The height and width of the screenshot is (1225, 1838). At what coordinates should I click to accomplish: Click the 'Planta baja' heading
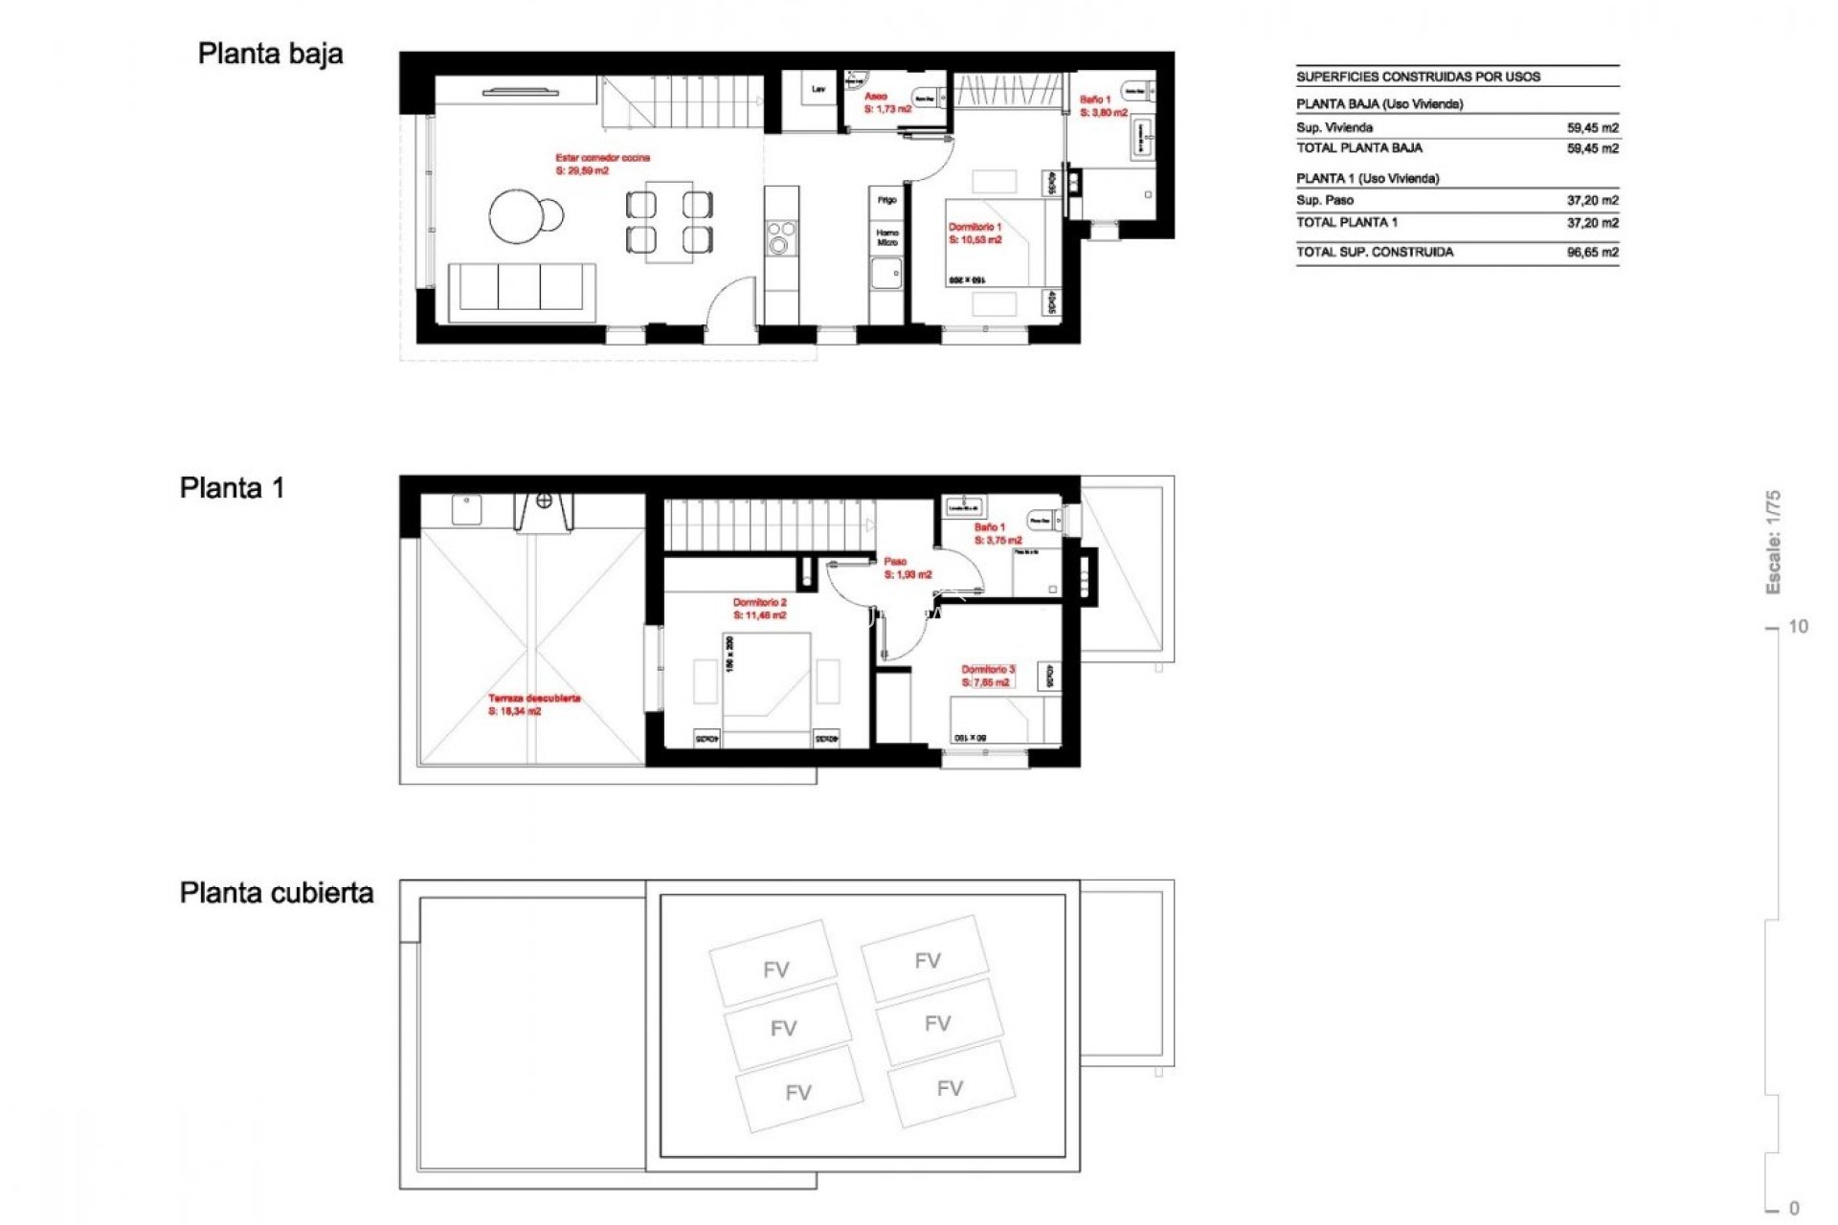pos(270,55)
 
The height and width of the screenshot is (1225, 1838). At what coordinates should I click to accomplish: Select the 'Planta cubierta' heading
pos(277,893)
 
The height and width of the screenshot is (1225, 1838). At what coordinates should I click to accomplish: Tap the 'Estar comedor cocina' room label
pos(602,158)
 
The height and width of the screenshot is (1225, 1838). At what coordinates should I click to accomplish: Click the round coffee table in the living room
pos(520,216)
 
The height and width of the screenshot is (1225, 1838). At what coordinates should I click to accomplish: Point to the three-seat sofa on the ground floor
pos(522,288)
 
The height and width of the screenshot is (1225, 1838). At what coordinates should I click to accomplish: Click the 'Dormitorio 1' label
pos(975,228)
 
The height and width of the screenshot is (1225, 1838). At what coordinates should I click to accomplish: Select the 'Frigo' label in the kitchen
pos(887,200)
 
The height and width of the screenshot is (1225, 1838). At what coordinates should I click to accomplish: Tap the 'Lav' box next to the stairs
pos(818,90)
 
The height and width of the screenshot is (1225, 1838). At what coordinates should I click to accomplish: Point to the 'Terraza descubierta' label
pos(534,699)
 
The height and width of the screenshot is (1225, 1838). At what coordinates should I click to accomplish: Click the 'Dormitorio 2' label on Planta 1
pos(759,603)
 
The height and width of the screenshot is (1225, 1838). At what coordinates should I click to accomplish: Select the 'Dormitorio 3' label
pos(988,670)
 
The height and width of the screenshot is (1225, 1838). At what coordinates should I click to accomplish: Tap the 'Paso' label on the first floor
pos(895,562)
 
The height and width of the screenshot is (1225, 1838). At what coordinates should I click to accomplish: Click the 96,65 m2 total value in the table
pos(1592,253)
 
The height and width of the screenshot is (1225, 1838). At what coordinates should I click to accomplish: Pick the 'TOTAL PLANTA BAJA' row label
pos(1359,148)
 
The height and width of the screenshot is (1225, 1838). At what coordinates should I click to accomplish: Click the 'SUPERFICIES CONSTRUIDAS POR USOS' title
pos(1418,77)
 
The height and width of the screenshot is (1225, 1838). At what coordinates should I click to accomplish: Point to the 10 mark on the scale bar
pos(1798,627)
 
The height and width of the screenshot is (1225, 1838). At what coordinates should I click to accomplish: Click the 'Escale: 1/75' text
pos(1773,542)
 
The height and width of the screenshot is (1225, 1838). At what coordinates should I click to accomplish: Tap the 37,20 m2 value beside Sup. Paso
pos(1592,201)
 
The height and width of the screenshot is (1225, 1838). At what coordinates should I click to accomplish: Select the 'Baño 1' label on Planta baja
pos(1094,100)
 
